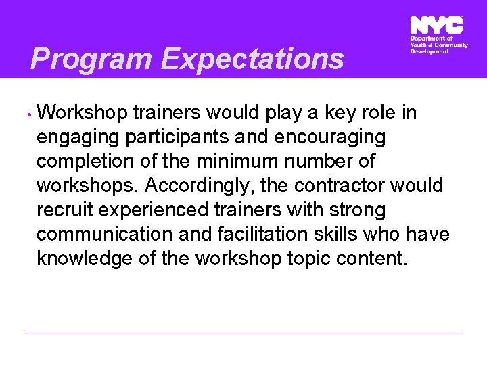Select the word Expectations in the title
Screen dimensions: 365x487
pyautogui.click(x=252, y=59)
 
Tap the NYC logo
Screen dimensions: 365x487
pyautogui.click(x=436, y=26)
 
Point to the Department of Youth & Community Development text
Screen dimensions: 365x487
pyautogui.click(x=438, y=45)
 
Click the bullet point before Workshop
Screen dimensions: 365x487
pyautogui.click(x=30, y=114)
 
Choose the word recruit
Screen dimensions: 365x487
pyautogui.click(x=65, y=210)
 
